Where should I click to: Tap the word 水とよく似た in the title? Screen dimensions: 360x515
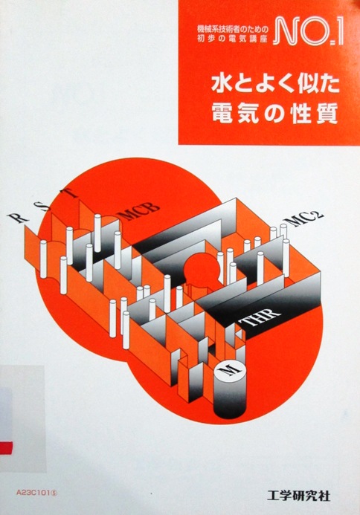pos(275,84)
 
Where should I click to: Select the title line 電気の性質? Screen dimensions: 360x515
pos(275,113)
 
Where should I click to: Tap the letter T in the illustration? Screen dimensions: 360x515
pos(70,192)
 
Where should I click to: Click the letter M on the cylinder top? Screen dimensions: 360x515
pos(231,372)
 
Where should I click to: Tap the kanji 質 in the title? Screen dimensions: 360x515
pos(327,113)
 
